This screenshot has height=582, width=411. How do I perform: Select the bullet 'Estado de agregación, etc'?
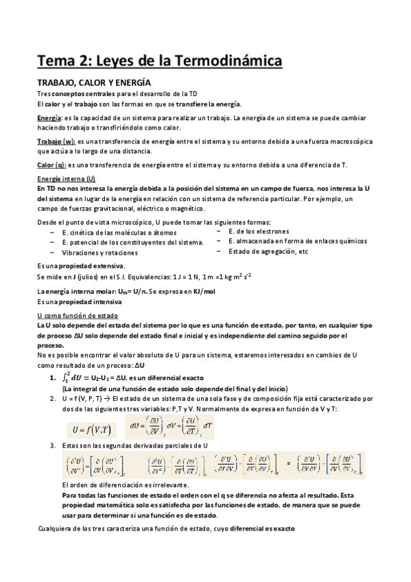pos(268,252)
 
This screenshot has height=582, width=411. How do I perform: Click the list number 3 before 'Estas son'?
pos(52,446)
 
